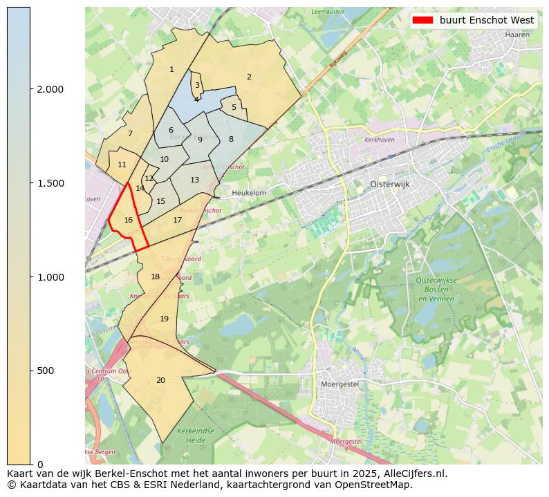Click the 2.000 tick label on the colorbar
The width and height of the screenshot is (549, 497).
point(50,89)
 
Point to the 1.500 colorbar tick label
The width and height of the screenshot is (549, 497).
point(50,183)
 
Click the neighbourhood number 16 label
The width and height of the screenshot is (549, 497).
point(128,220)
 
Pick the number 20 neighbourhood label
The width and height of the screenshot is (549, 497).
point(160,380)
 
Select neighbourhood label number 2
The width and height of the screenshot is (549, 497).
point(249,77)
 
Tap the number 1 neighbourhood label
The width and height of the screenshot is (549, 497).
point(171,69)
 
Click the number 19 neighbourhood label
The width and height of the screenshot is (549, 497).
point(164,319)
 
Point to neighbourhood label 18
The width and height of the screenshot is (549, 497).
point(155,276)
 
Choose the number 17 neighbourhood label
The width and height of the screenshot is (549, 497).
point(177,220)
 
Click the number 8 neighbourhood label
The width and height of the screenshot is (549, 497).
point(231,139)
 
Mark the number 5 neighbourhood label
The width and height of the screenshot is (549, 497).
point(234,107)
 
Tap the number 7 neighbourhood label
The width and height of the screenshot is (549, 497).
point(130,133)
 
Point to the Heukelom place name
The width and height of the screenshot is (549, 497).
point(249,193)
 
